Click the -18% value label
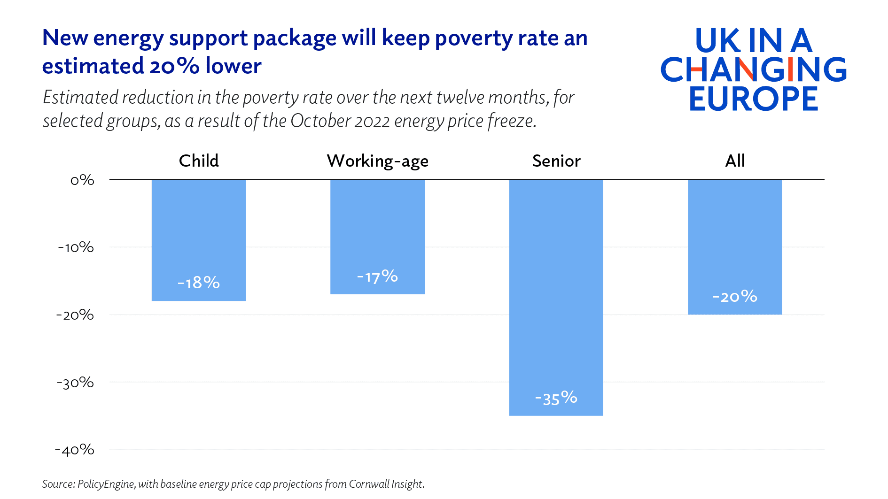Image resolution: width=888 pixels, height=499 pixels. coord(199,283)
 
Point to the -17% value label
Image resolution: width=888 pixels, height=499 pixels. coord(377,276)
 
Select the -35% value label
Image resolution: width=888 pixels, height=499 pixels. coord(556,399)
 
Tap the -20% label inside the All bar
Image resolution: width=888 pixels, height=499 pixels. coord(735,297)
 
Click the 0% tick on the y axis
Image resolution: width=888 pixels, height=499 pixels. coord(82,180)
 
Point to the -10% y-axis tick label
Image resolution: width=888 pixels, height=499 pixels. coord(76,247)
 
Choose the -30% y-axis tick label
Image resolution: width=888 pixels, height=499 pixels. coord(75,383)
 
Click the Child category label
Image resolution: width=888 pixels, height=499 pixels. coord(199,161)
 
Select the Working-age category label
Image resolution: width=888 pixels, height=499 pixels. coord(377,161)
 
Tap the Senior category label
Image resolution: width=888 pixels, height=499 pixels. coord(556,161)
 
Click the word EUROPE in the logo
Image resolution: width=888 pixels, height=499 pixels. coord(754,99)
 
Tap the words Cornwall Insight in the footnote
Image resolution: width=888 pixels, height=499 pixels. coord(386,484)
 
